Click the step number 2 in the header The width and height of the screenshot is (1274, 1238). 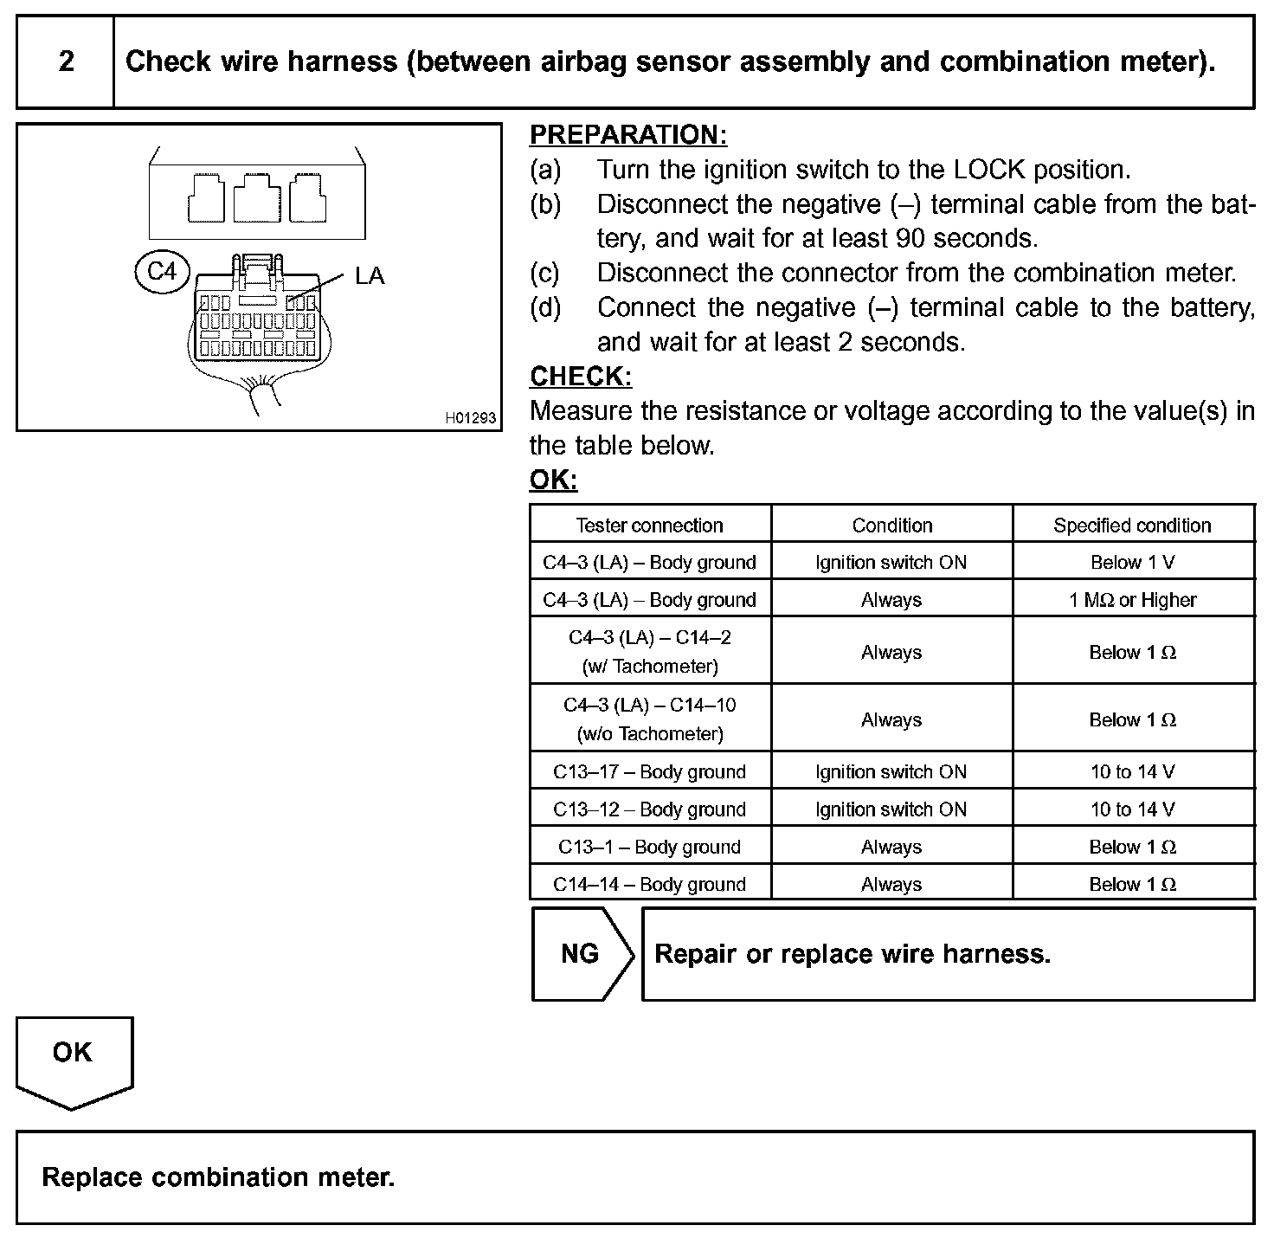click(x=66, y=61)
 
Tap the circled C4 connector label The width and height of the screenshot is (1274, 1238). click(x=162, y=272)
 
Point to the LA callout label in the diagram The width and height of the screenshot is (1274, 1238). click(x=369, y=276)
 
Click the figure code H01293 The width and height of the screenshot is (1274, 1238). click(x=471, y=418)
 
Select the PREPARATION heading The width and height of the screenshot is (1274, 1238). click(x=628, y=135)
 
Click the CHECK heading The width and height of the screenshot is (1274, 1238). click(x=581, y=377)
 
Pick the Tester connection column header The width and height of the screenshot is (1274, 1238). click(x=650, y=526)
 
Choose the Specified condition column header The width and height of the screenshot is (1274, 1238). click(x=1132, y=526)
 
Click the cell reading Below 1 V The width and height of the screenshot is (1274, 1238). click(x=1132, y=563)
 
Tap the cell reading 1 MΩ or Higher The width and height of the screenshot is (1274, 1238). click(x=1132, y=600)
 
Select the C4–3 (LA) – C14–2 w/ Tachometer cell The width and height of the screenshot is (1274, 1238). click(x=650, y=651)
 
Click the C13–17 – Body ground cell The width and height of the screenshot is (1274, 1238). click(x=650, y=771)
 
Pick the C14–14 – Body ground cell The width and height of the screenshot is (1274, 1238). click(x=650, y=884)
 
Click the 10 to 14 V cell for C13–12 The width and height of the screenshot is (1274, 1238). click(x=1132, y=809)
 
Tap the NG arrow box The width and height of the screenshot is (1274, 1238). click(x=581, y=954)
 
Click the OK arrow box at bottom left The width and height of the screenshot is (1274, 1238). click(x=73, y=1058)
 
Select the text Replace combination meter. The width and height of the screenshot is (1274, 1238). click(x=218, y=1177)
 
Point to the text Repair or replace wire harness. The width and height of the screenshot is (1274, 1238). click(x=853, y=954)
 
